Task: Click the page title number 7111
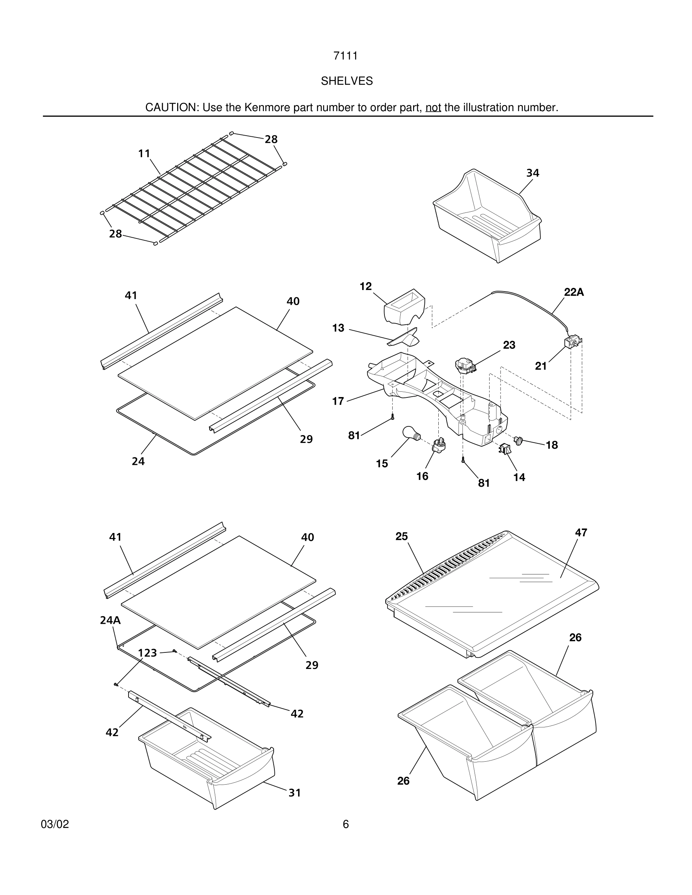pos(346,56)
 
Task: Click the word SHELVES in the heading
pos(346,81)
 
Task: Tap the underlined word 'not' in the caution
pos(433,107)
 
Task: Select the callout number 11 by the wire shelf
pos(144,153)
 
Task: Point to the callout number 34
pos(533,173)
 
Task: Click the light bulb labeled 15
pos(410,434)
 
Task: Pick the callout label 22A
pos(574,292)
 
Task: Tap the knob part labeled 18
pos(519,441)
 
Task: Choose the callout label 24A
pos(110,620)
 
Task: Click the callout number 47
pos(581,532)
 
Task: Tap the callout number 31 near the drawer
pos(295,793)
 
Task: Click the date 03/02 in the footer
pos(55,824)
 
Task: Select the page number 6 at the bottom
pos(346,824)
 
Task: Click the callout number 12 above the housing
pos(366,286)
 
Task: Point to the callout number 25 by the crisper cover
pos(401,536)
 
